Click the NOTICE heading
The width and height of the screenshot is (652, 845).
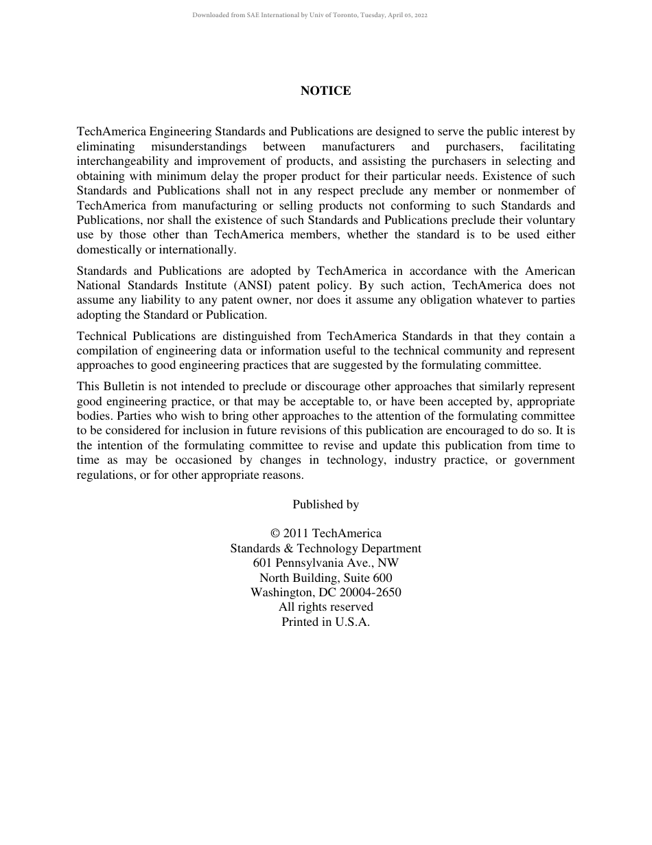tap(325, 91)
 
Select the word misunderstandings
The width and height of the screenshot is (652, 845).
tap(198, 146)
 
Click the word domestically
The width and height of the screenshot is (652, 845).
tap(107, 250)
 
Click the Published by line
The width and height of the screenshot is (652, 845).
tap(325, 504)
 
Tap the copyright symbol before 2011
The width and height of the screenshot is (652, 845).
tap(275, 534)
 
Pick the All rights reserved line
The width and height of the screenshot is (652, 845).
tap(325, 607)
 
